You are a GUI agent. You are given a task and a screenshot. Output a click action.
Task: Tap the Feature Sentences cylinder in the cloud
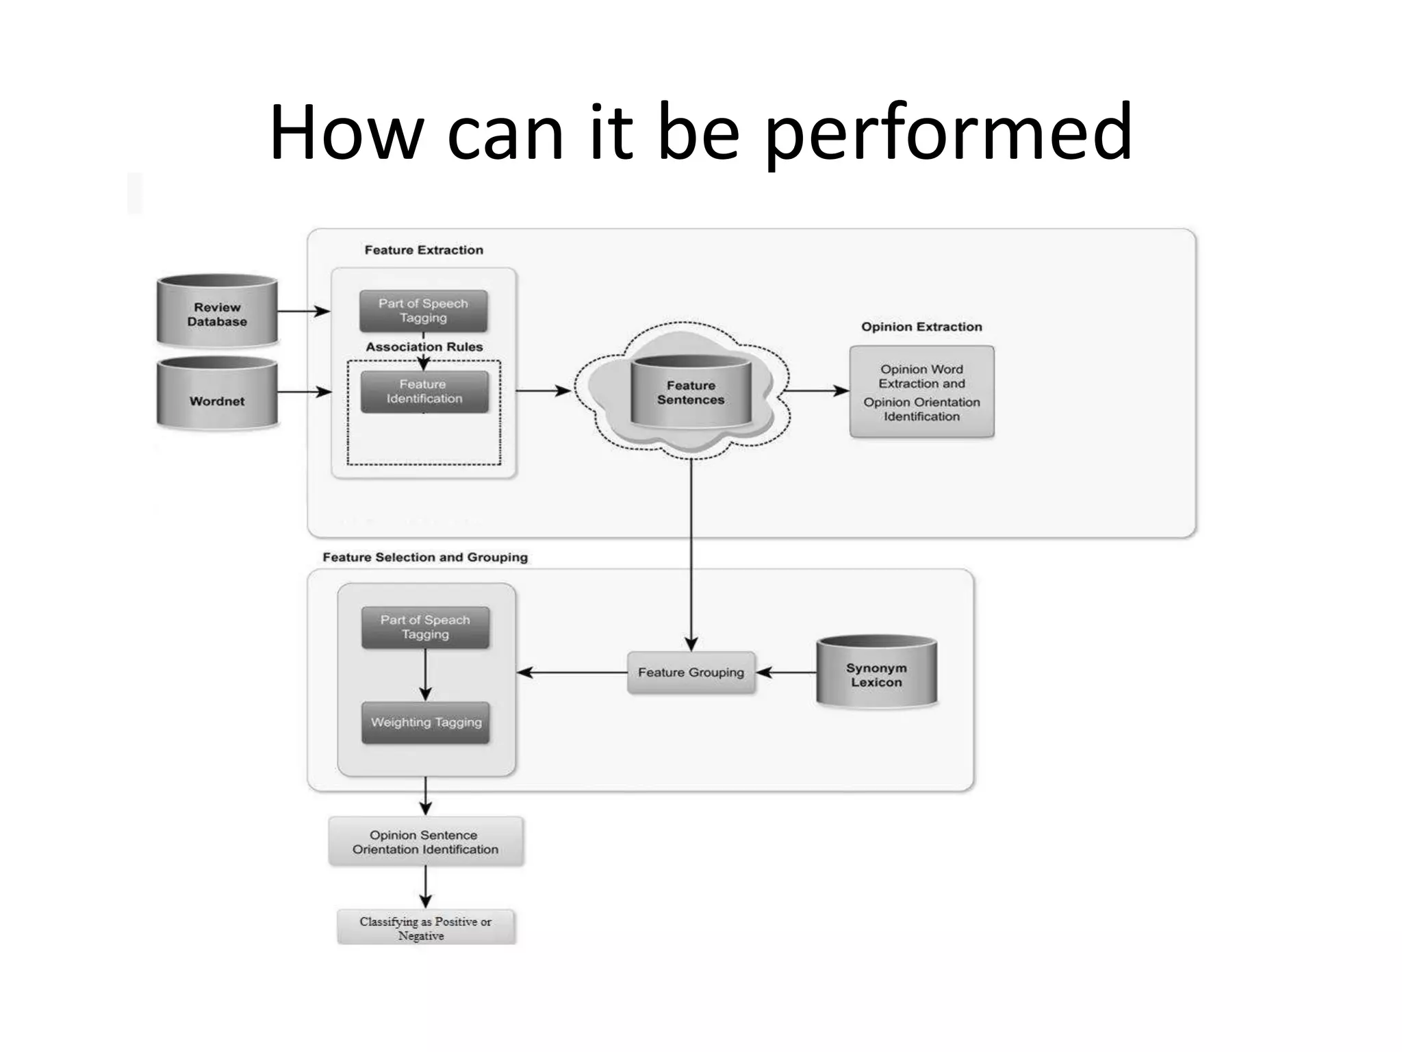point(690,392)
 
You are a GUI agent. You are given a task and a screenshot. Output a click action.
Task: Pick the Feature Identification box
point(424,392)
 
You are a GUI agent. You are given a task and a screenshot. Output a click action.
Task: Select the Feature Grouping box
point(691,673)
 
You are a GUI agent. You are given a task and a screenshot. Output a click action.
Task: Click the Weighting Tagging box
point(426,722)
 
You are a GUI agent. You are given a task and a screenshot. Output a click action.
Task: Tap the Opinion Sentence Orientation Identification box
point(425,842)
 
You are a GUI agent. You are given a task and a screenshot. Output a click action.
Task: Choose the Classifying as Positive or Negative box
point(425,928)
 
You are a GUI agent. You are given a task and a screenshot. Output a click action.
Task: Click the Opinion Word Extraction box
point(921,392)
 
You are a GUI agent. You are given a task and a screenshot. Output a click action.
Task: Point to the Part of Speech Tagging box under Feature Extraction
point(423,310)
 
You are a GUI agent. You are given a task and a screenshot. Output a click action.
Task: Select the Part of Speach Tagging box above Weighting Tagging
point(425,627)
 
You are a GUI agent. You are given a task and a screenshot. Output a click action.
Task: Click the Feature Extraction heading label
point(424,250)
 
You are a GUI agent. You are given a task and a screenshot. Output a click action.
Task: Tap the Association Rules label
point(424,347)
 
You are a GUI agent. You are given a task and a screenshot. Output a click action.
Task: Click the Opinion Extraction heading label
point(921,327)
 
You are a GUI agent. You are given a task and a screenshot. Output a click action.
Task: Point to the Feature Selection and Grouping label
point(425,557)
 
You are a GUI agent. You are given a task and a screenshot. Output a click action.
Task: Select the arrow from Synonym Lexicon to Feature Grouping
point(787,673)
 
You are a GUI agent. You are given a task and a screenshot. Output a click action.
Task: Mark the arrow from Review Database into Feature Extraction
point(303,311)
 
